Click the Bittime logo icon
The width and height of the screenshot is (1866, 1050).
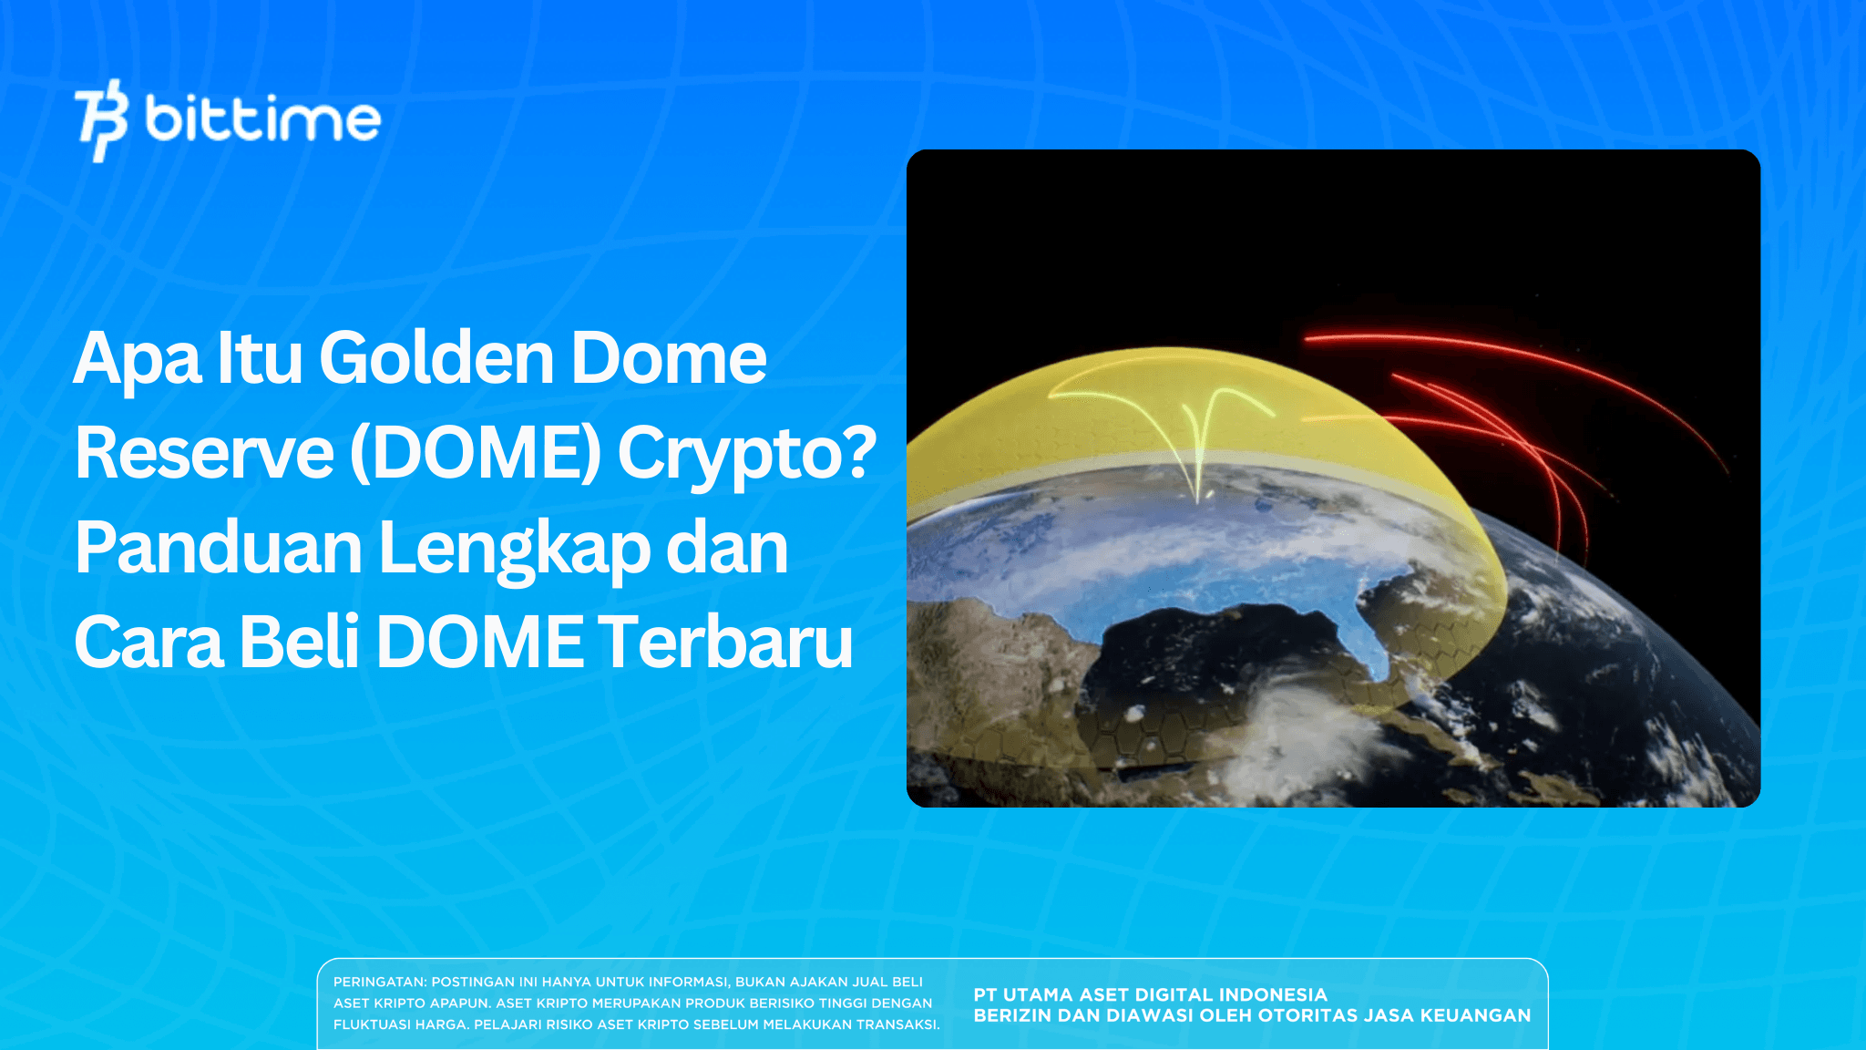point(100,120)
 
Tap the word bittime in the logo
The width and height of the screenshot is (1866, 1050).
point(262,120)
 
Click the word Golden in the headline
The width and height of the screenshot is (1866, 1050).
point(436,358)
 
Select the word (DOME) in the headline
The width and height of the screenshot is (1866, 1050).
point(475,453)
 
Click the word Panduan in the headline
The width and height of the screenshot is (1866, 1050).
point(219,548)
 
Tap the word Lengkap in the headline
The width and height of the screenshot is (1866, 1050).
point(514,550)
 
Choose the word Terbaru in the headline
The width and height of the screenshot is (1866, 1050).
point(726,643)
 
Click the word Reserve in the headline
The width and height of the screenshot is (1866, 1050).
point(204,453)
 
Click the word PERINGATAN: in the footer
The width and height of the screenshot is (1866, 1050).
point(380,983)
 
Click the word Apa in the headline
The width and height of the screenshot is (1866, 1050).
point(137,358)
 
